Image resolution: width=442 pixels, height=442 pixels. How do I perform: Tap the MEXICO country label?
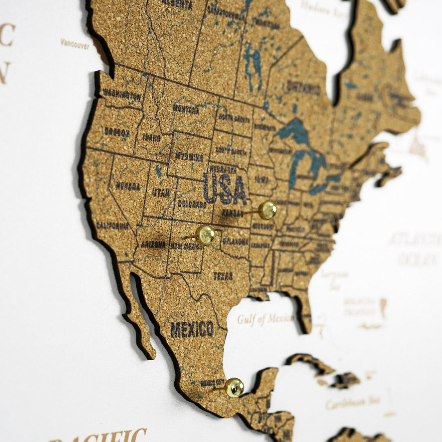(x=192, y=329)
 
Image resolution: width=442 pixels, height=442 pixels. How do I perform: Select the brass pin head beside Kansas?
(x=268, y=210)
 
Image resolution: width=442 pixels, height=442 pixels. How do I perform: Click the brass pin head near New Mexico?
(x=205, y=235)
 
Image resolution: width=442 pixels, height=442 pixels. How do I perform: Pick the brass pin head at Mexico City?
(x=235, y=387)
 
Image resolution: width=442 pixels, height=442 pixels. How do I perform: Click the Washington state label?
(x=122, y=95)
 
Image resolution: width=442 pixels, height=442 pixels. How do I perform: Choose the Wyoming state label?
(x=189, y=156)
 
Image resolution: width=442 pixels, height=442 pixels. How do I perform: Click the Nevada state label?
(x=128, y=186)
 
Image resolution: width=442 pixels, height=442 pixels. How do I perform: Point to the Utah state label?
(x=161, y=192)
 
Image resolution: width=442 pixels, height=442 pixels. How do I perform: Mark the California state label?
(x=112, y=226)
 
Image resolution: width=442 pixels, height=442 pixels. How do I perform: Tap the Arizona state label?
(x=153, y=244)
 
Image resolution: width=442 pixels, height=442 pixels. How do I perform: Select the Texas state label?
(x=223, y=276)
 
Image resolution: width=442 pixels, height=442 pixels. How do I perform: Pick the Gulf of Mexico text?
(x=265, y=318)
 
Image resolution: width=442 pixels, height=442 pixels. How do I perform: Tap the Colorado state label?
(x=192, y=204)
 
